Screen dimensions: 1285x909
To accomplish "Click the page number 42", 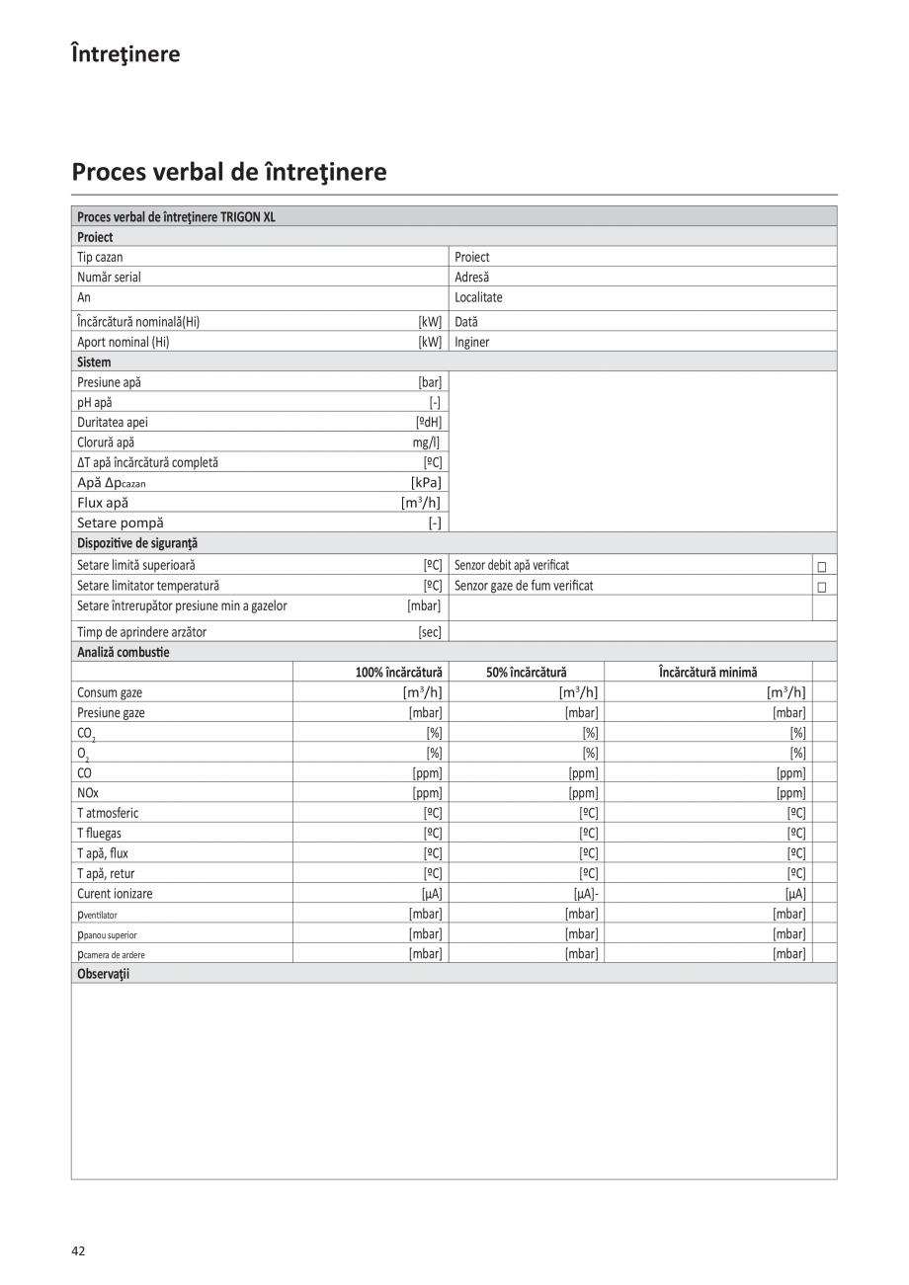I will click(x=78, y=1250).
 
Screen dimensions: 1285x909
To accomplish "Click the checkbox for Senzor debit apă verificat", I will click(x=821, y=567).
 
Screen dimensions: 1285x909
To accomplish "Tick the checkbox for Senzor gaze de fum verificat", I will click(x=821, y=587).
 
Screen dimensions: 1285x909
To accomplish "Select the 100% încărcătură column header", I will click(x=399, y=672).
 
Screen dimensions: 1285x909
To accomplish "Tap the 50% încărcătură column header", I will click(x=526, y=672).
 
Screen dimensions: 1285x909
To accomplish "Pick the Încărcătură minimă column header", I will click(x=707, y=672).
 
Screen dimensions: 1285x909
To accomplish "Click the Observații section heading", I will click(x=104, y=974).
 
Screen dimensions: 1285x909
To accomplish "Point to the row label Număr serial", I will click(x=109, y=278).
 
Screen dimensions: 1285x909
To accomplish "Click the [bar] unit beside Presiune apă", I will click(x=430, y=382).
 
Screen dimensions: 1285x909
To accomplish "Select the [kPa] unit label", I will click(x=426, y=482).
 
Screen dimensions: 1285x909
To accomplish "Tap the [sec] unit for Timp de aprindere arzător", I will click(x=430, y=632).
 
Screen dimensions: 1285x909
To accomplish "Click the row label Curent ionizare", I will click(x=115, y=894).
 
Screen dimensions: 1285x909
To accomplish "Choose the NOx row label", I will click(x=88, y=793).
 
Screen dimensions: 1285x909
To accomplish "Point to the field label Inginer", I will click(x=472, y=343).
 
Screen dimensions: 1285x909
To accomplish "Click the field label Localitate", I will click(x=478, y=297).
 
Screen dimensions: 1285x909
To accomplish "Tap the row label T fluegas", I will click(x=100, y=834).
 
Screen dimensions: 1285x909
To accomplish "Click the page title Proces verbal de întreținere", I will click(x=229, y=172).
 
